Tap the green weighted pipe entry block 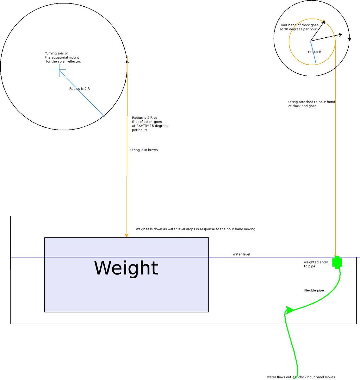click(337, 262)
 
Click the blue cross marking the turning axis click(59, 70)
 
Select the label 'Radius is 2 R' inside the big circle click(79, 89)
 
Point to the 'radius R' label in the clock click(315, 52)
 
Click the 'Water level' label click(241, 254)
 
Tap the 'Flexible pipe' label click(314, 290)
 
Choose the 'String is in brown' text click(144, 150)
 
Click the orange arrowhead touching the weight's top click(127, 235)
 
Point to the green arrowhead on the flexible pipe click(289, 310)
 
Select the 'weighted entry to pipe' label click(316, 264)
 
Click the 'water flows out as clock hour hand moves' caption click(301, 377)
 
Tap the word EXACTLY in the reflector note click(143, 126)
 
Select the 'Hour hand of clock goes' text click(299, 25)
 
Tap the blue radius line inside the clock click(313, 52)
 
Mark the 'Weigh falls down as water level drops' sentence click(196, 229)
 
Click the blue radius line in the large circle click(82, 94)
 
